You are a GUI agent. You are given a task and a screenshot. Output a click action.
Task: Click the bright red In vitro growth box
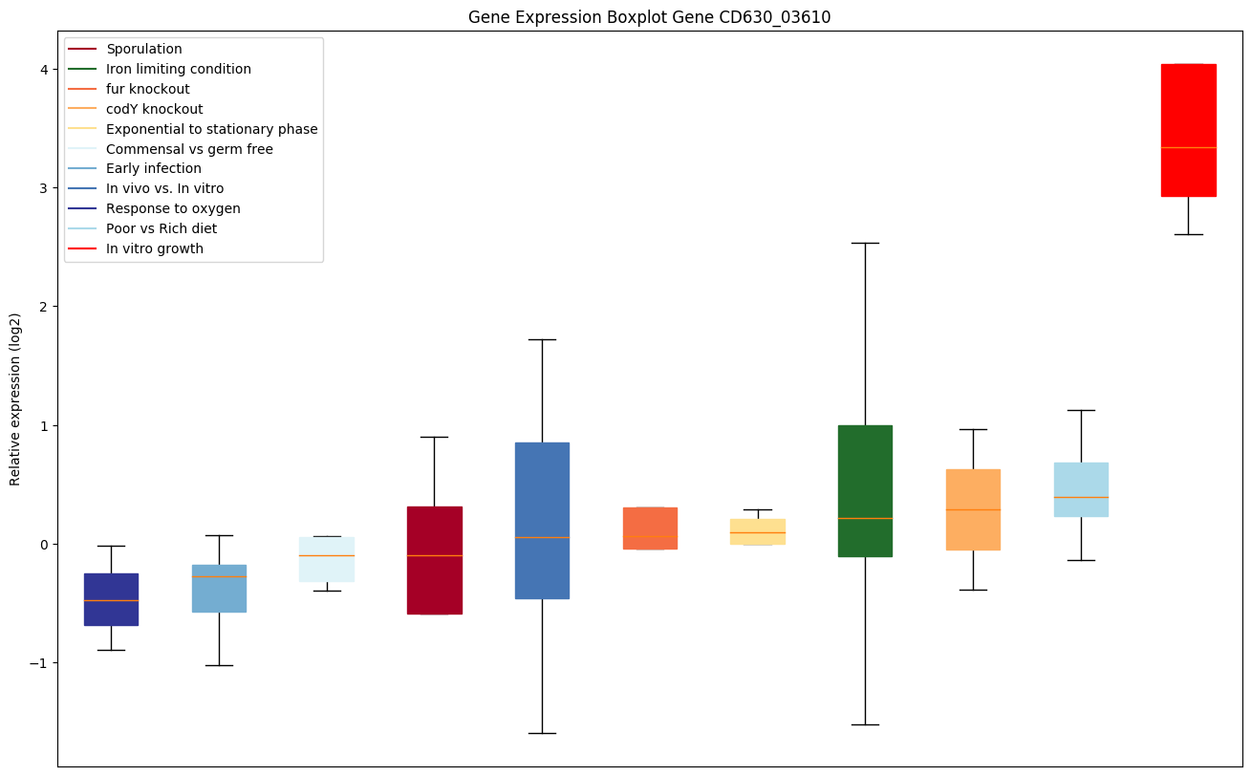point(1188,130)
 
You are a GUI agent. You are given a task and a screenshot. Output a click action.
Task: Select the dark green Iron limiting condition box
point(865,490)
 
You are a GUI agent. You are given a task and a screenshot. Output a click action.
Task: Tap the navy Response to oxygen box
point(111,599)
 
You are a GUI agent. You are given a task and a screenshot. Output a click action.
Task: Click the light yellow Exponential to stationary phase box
point(757,531)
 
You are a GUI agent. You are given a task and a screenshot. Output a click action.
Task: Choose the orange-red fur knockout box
point(650,528)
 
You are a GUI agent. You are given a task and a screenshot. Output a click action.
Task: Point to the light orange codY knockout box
point(973,509)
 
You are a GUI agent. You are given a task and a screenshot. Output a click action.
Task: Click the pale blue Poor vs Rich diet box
point(1081,489)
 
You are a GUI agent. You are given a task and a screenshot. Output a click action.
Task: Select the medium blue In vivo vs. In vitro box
point(542,520)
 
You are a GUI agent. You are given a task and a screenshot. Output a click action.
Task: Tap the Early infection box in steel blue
point(219,588)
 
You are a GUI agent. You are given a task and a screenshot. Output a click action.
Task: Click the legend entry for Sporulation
point(144,49)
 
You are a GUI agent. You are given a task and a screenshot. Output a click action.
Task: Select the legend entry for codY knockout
point(154,109)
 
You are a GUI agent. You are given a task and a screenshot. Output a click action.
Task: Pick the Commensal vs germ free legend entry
point(189,149)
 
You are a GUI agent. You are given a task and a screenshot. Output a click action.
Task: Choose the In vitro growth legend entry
point(155,248)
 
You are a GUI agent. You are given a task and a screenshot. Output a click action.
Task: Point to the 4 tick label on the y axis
point(44,69)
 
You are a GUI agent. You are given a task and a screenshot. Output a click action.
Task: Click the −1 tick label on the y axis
point(39,663)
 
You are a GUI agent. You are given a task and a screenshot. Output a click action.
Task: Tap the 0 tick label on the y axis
point(44,545)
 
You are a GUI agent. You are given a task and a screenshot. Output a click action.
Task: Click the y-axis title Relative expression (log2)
point(15,399)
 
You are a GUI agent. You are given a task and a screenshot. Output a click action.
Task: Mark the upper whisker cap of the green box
point(865,243)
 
